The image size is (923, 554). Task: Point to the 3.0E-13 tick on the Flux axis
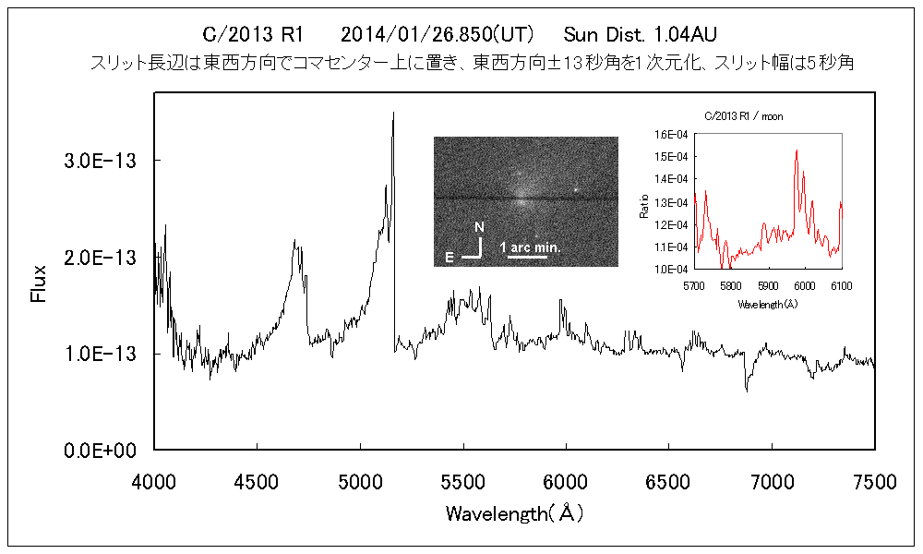tap(100, 161)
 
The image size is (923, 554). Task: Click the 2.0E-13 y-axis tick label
tap(100, 257)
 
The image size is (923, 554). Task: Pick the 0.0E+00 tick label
tap(100, 450)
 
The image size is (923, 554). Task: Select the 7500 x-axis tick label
tap(874, 480)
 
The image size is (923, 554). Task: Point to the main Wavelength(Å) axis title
tap(514, 513)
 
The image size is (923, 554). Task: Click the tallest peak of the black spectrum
tap(393, 114)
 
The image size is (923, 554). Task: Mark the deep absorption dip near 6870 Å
tap(747, 389)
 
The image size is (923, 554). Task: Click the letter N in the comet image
tap(478, 226)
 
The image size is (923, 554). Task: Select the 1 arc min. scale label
tap(530, 247)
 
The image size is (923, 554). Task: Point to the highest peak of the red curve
tap(796, 151)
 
